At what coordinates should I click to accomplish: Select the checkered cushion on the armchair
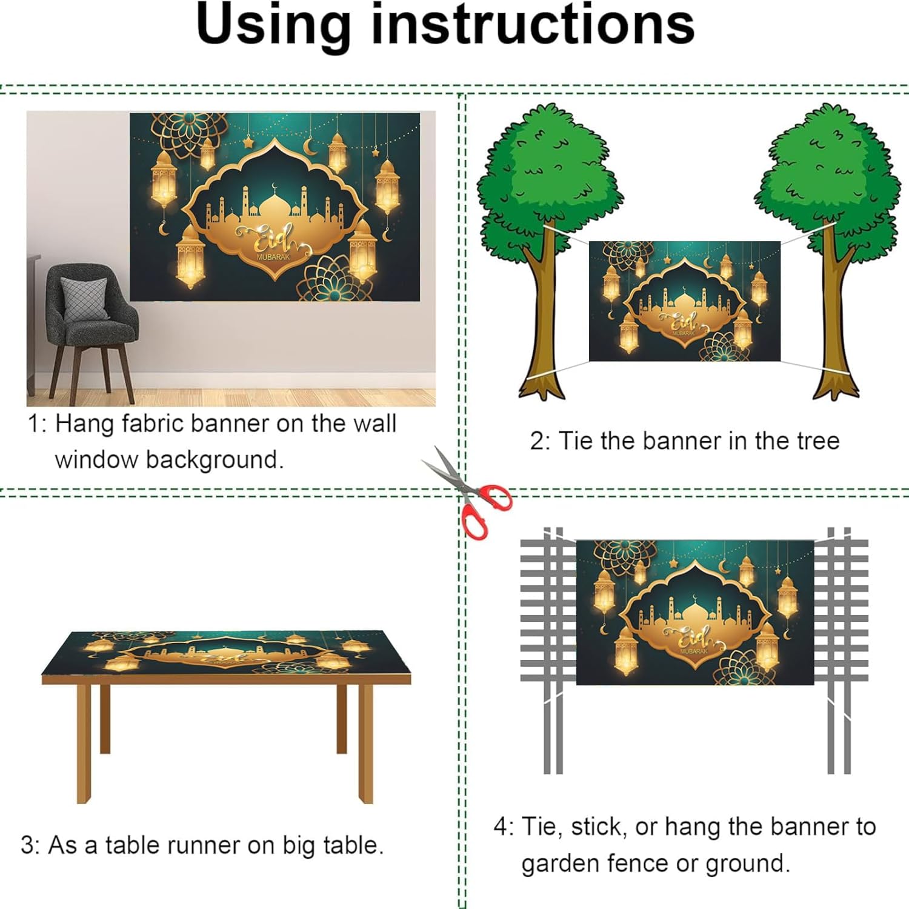point(85,298)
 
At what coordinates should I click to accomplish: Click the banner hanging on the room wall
point(275,207)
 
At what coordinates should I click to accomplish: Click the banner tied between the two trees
point(685,301)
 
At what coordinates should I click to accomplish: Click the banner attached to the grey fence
point(694,613)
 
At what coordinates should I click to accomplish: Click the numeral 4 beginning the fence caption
point(501,827)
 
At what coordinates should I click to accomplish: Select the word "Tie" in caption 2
point(576,441)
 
